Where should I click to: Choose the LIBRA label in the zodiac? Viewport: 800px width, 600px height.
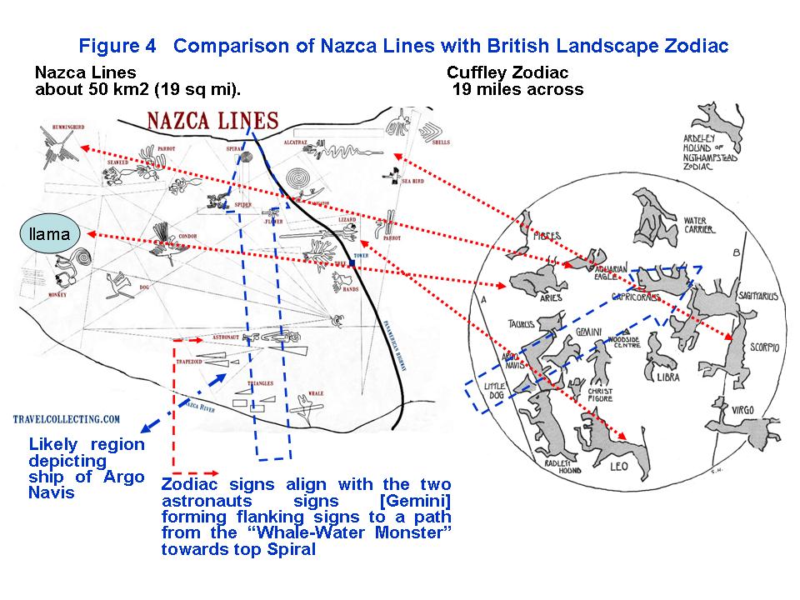[667, 377]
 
